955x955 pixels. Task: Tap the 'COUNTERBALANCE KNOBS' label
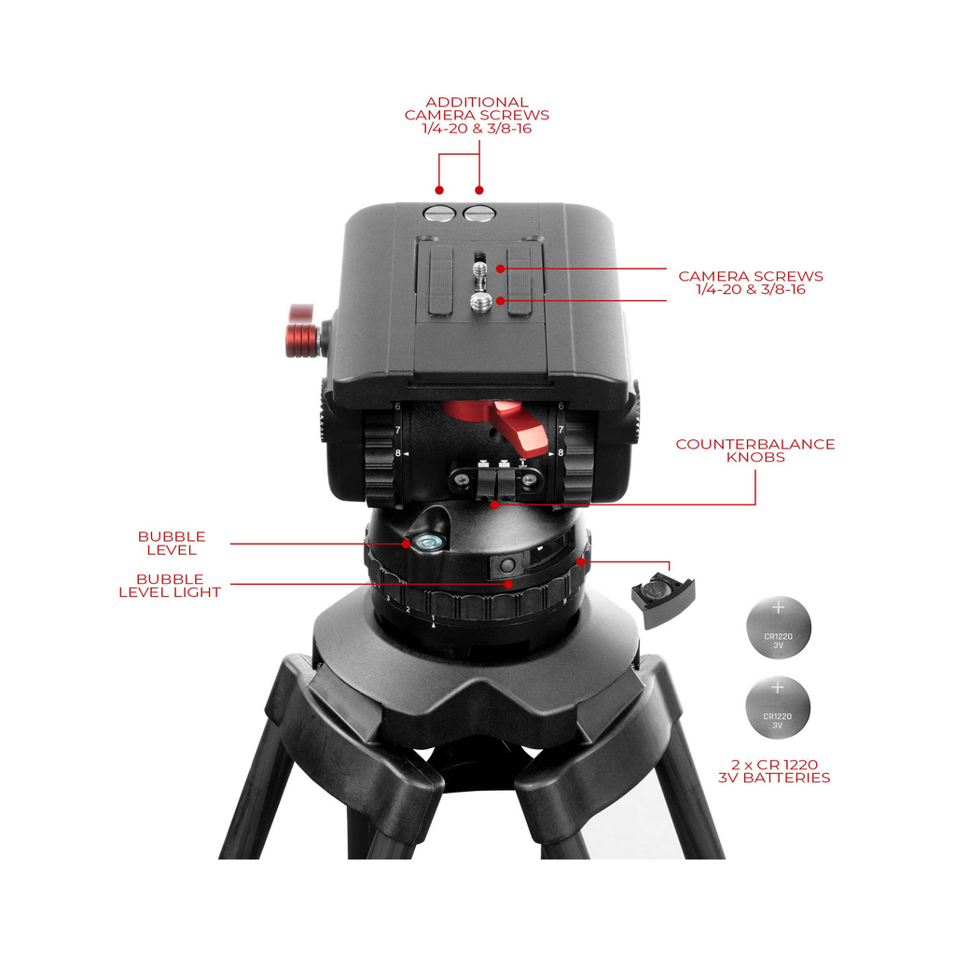tap(755, 450)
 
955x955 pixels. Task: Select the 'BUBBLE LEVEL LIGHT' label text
tap(170, 586)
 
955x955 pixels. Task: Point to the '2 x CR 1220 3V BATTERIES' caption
tap(774, 771)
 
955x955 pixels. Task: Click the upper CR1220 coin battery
tap(779, 628)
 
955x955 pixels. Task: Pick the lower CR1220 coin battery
tap(778, 708)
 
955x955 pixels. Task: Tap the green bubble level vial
tap(426, 540)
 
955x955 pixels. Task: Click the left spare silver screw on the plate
tap(440, 214)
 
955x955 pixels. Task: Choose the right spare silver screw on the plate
tap(479, 214)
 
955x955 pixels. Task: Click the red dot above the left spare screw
tap(439, 190)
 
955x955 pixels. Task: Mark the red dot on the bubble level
tap(407, 544)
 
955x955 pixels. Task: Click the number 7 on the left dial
tap(397, 430)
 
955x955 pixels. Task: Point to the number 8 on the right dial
tap(561, 452)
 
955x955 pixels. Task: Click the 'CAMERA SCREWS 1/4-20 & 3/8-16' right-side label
tap(751, 283)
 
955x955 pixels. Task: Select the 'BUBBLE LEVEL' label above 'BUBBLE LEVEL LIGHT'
tap(172, 544)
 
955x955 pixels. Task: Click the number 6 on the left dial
tap(397, 407)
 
